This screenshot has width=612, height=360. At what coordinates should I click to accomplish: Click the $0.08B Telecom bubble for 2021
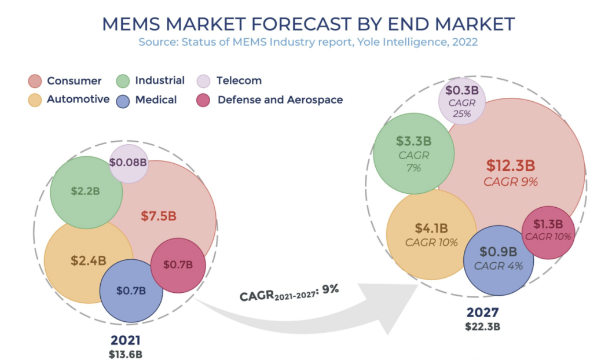[x=129, y=163]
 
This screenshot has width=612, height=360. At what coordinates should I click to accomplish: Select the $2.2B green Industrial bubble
[x=86, y=192]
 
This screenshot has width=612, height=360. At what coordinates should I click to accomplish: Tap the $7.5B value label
[x=159, y=216]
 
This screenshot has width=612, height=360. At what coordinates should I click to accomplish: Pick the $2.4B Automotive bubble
[x=88, y=260]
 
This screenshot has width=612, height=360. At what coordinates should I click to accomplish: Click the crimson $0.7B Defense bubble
[x=178, y=265]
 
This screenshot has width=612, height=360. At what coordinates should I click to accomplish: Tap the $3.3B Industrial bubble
[x=413, y=153]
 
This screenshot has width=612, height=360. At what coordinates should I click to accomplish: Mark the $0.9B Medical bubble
[x=498, y=259]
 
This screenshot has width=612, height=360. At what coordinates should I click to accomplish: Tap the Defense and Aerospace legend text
[x=280, y=100]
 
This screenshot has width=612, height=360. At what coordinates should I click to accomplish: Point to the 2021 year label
[x=126, y=340]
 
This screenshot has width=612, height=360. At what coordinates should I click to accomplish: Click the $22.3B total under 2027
[x=482, y=326]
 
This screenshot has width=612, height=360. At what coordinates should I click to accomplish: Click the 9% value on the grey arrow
[x=330, y=288]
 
